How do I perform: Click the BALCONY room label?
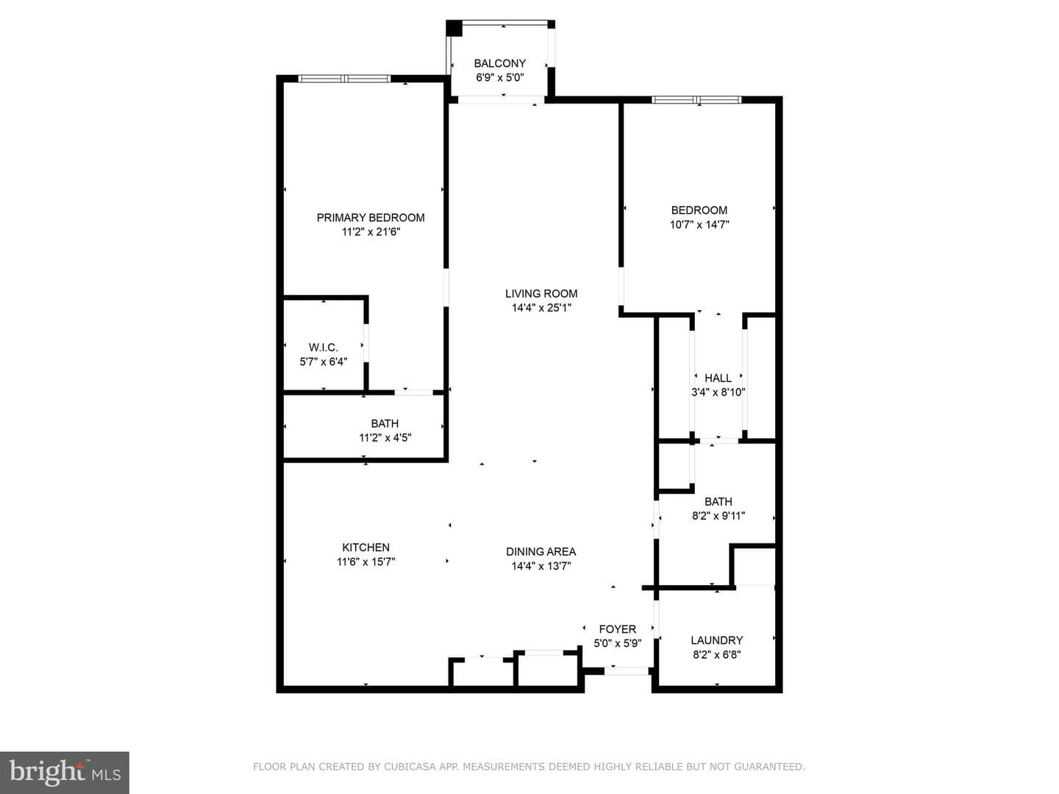click(x=499, y=63)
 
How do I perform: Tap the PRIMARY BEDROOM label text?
click(x=371, y=218)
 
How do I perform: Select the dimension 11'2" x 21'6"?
click(x=371, y=232)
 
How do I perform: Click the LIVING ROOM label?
click(x=541, y=293)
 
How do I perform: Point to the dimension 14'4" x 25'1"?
click(x=541, y=307)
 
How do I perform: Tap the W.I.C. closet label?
click(x=324, y=348)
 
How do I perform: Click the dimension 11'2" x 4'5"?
click(x=385, y=437)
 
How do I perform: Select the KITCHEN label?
click(x=366, y=547)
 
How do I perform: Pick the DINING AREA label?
click(x=541, y=551)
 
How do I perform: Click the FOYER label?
click(x=618, y=629)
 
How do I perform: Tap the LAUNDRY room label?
click(x=716, y=640)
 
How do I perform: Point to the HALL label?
click(x=718, y=378)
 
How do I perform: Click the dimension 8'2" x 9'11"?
click(x=719, y=516)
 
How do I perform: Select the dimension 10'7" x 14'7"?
click(x=699, y=224)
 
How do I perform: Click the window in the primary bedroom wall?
click(x=344, y=79)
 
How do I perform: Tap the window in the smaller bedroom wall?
click(x=696, y=100)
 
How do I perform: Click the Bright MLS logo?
click(x=65, y=772)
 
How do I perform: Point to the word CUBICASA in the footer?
click(x=407, y=767)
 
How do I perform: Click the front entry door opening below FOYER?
click(x=627, y=670)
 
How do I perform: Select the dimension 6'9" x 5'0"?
click(x=500, y=78)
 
